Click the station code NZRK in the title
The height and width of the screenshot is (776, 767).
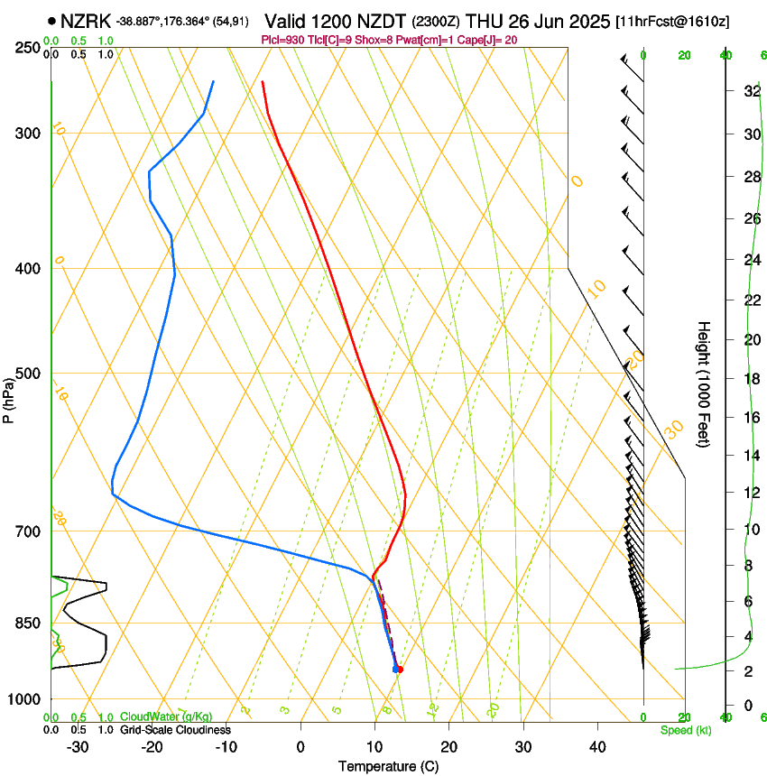[x=86, y=21]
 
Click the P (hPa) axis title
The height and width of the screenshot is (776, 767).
[x=9, y=397]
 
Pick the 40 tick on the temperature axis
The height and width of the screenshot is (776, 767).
[x=596, y=746]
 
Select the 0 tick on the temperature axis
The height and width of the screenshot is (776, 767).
[x=300, y=746]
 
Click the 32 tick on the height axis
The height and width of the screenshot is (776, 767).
[x=751, y=91]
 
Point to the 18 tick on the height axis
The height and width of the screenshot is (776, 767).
[x=751, y=379]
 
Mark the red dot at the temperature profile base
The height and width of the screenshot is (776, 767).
[x=400, y=669]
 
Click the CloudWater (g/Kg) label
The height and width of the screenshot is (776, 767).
[x=167, y=717]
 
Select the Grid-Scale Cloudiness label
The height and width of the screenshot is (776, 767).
[x=175, y=730]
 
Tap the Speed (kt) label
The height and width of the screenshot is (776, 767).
[x=686, y=730]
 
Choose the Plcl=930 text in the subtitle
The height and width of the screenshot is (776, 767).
[x=283, y=40]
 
